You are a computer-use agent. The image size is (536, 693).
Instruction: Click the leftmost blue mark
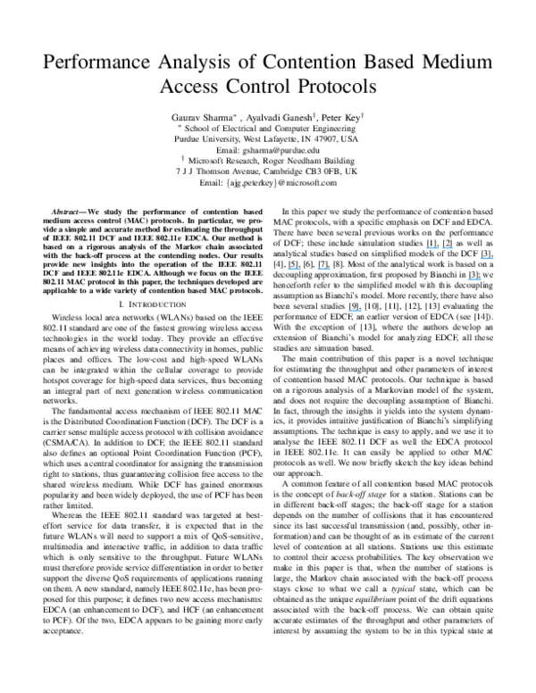tap(294, 268)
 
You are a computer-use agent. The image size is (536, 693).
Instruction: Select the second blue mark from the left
tap(323, 268)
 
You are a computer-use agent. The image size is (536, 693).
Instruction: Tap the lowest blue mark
tap(356, 310)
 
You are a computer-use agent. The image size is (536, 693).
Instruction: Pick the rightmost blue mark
tap(487, 258)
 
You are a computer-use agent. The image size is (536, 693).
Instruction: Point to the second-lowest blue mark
tap(474, 279)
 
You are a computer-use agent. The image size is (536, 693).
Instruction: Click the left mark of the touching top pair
tap(432, 247)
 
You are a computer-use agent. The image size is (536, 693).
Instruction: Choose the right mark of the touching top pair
tap(448, 247)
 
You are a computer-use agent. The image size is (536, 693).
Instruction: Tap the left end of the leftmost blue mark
tap(288, 268)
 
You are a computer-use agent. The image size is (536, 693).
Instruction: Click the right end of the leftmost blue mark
tap(301, 268)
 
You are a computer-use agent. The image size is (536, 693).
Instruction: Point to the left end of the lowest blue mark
tap(349, 310)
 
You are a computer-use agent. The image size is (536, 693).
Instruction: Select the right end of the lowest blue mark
tap(362, 310)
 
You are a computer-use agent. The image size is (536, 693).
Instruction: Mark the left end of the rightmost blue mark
tap(481, 258)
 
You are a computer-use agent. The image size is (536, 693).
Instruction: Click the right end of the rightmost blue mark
tap(494, 258)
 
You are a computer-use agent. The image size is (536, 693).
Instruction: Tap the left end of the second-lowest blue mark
tap(468, 279)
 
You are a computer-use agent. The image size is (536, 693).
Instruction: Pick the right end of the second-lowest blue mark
tap(482, 279)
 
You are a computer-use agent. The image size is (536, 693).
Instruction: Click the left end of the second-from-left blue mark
tap(317, 268)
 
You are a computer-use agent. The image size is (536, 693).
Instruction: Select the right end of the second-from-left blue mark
tap(331, 268)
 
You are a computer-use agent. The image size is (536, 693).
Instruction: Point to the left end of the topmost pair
tap(426, 247)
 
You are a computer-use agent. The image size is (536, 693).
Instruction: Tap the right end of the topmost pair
tap(454, 247)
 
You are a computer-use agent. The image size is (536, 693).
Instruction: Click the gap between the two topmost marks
tap(440, 247)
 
